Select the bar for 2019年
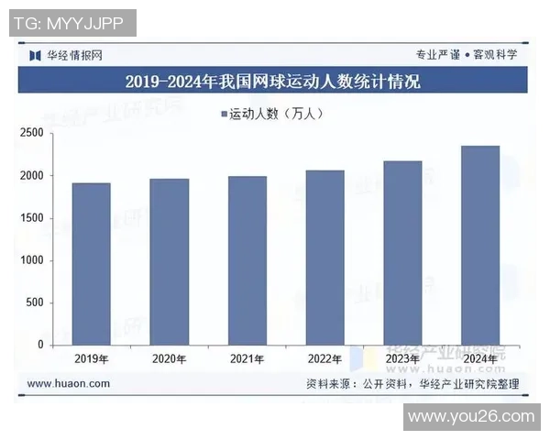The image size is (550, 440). point(92,264)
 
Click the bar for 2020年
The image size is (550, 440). point(170,261)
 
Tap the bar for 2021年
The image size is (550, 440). point(247,260)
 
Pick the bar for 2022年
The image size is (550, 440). point(324,258)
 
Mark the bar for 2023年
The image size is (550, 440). point(402,253)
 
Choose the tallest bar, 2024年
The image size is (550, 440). point(480,245)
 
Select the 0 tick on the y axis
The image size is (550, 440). point(40,346)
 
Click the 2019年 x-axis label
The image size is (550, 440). point(92,358)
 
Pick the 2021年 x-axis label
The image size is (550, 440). point(247,358)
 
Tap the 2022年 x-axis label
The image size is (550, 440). point(324,358)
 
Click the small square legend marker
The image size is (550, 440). point(223,115)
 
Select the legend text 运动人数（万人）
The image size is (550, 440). point(276,115)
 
